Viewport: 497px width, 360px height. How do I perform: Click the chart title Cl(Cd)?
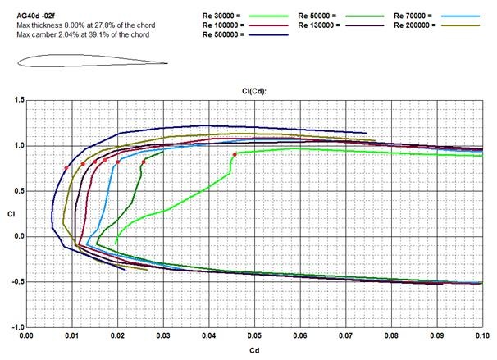(256, 93)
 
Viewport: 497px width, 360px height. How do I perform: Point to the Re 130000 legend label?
(318, 25)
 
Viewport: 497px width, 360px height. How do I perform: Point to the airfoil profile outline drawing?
(90, 59)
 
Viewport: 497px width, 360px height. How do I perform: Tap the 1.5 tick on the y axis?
(17, 100)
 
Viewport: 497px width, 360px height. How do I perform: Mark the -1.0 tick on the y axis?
(16, 327)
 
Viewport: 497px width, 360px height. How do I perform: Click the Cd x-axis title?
(256, 350)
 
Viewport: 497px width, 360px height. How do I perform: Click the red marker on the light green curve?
(235, 154)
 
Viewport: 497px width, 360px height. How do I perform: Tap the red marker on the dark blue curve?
(66, 168)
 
